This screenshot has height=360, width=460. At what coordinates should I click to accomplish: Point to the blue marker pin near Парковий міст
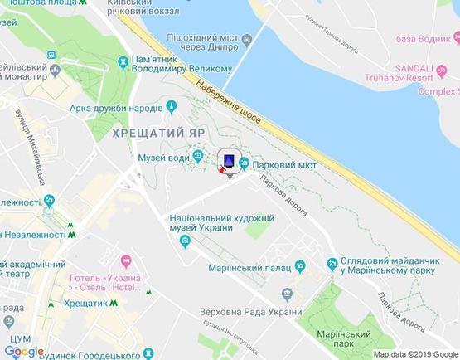tap(229, 159)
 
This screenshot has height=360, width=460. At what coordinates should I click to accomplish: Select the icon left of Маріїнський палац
tap(301, 266)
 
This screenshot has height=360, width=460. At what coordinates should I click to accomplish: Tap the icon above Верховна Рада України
tap(287, 294)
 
